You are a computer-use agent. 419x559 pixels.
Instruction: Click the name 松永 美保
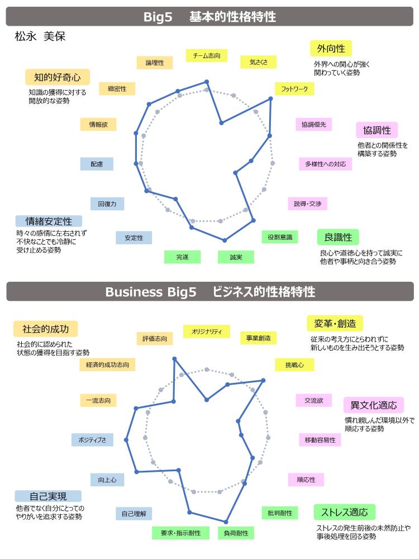(40, 36)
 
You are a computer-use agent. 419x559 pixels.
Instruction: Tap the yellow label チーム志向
(207, 55)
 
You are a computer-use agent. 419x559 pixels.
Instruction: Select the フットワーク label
(294, 89)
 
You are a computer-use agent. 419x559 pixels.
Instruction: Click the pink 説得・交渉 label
(307, 203)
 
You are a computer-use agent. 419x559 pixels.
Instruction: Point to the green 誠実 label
(236, 257)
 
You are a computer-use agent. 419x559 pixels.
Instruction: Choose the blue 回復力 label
(107, 204)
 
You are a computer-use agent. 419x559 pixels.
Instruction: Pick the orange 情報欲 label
(98, 125)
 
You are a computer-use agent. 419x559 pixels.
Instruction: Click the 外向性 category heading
(331, 49)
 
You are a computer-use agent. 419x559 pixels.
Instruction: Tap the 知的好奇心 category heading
(58, 77)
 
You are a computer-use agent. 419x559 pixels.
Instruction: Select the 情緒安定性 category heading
(49, 221)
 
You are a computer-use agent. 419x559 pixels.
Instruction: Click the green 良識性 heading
(338, 237)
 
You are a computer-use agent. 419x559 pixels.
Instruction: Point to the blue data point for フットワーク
(271, 99)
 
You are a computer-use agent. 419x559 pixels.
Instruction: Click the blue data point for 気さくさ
(222, 122)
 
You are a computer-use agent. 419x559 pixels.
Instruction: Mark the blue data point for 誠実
(225, 240)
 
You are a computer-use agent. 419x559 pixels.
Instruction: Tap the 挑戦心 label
(294, 364)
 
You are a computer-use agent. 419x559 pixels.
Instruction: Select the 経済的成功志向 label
(108, 364)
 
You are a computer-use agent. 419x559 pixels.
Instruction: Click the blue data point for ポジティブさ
(126, 440)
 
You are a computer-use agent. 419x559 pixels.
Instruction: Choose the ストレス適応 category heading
(345, 512)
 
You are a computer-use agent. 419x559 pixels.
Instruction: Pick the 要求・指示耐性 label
(180, 533)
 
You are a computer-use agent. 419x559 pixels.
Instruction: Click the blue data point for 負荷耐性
(226, 522)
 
